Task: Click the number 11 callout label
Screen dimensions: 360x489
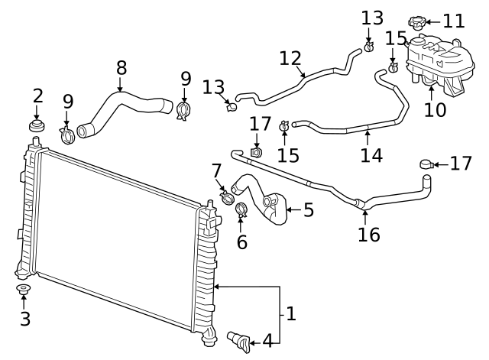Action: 454,21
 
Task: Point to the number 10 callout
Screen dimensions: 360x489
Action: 435,109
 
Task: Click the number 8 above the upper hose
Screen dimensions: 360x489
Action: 121,68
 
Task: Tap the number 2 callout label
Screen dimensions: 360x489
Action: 37,96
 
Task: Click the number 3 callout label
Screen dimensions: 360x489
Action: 24,319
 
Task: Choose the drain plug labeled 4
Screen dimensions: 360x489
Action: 240,339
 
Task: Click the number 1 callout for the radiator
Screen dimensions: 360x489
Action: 290,313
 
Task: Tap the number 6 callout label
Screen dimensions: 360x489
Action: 242,242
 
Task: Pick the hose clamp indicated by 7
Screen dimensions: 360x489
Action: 228,196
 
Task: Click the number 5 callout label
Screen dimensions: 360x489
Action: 308,210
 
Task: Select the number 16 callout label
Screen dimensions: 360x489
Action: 368,235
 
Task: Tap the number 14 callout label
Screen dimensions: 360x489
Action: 371,155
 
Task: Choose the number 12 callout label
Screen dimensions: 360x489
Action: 290,58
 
